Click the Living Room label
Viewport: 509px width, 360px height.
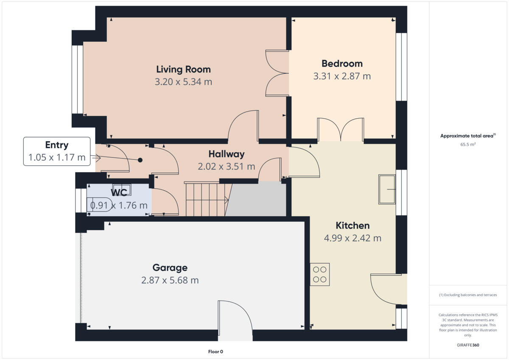183,69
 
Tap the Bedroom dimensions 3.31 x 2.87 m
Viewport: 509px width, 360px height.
342,76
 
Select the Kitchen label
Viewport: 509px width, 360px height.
352,225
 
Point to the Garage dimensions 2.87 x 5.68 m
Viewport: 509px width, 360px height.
170,280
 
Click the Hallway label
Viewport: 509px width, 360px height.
226,154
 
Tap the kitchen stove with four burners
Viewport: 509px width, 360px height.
320,274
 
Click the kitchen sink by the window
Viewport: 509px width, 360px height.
387,189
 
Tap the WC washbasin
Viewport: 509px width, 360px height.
122,189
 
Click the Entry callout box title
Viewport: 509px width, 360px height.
56,145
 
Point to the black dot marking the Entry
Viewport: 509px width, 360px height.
140,160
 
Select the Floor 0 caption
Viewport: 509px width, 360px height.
215,352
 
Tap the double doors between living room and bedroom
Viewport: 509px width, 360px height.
277,73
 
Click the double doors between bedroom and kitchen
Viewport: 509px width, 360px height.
341,129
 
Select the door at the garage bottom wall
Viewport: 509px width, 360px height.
235,320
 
